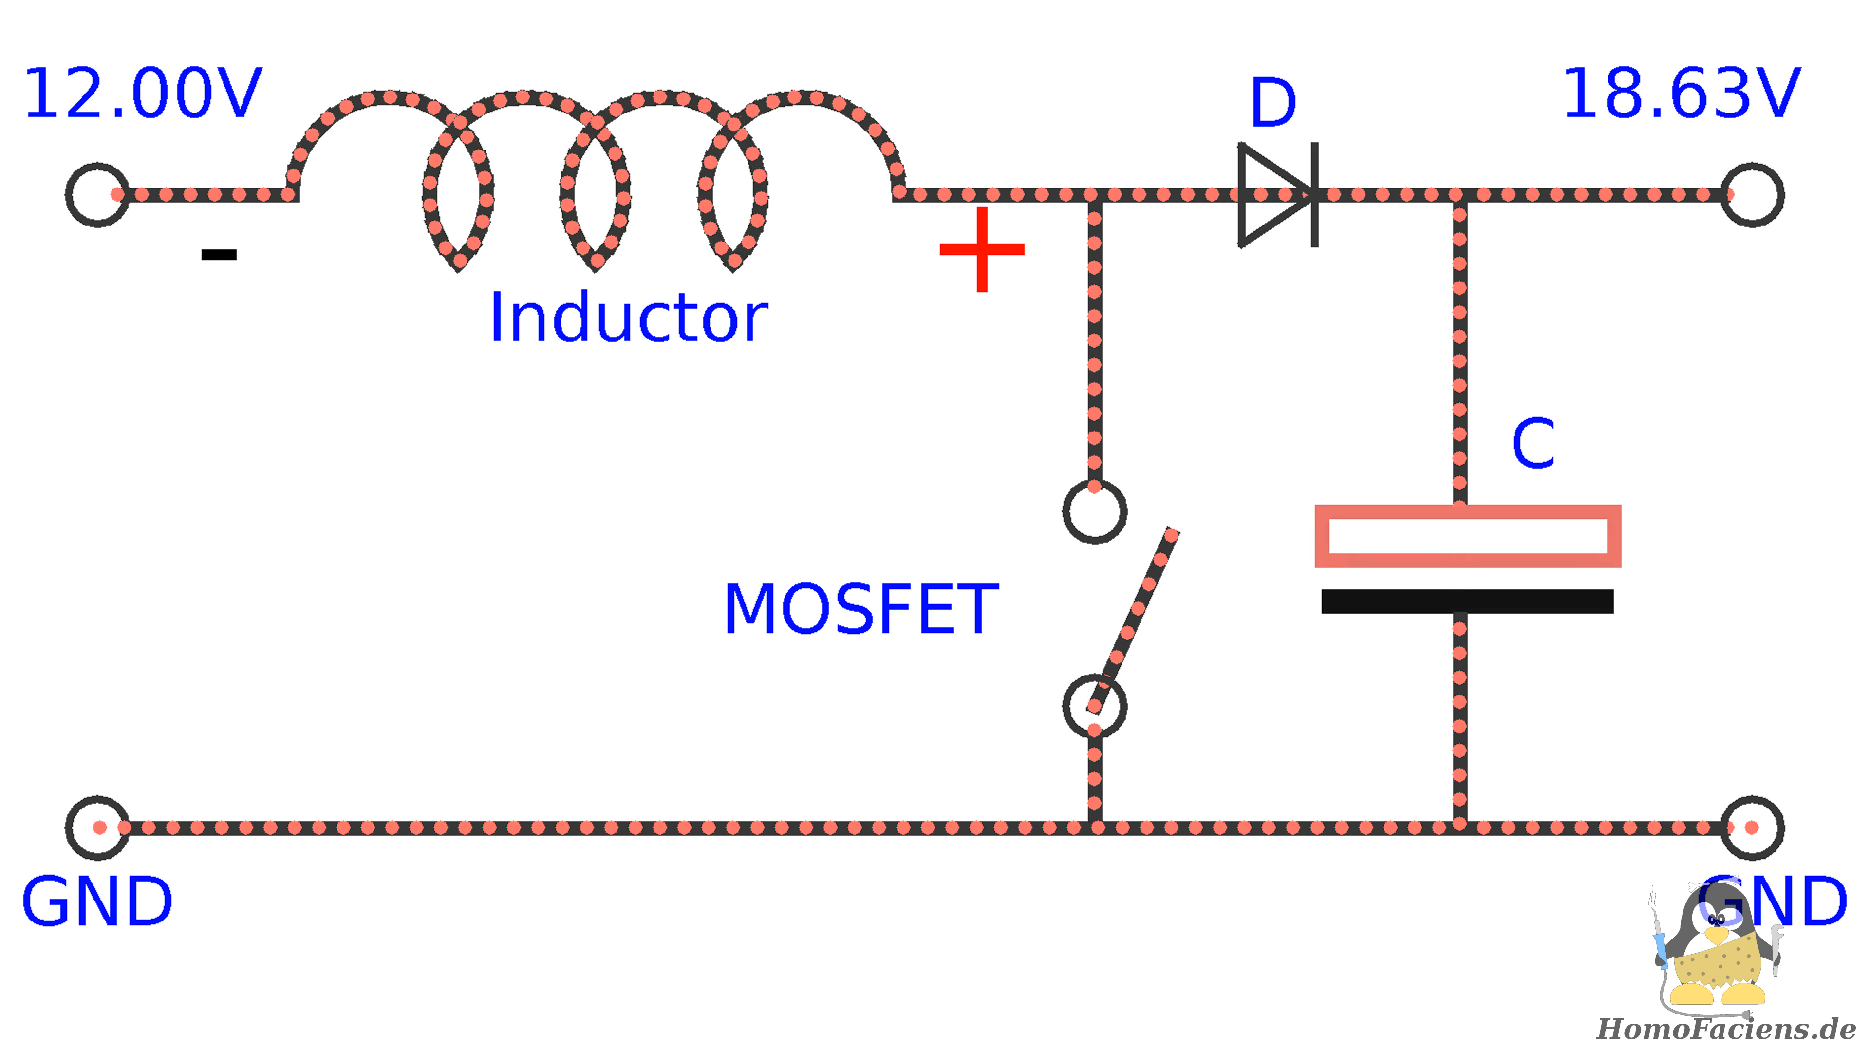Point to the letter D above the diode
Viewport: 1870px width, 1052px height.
coord(1272,103)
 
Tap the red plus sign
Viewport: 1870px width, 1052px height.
coord(982,249)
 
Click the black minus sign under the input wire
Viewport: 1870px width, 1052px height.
coord(219,254)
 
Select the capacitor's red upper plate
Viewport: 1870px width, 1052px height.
coord(1467,536)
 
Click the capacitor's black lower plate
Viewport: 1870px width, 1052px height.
coord(1467,601)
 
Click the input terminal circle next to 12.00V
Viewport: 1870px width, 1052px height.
coord(97,195)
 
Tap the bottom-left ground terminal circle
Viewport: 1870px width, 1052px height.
coord(97,827)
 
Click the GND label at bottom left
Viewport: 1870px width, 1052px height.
coord(97,902)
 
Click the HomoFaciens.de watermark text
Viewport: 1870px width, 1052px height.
coord(1725,1029)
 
